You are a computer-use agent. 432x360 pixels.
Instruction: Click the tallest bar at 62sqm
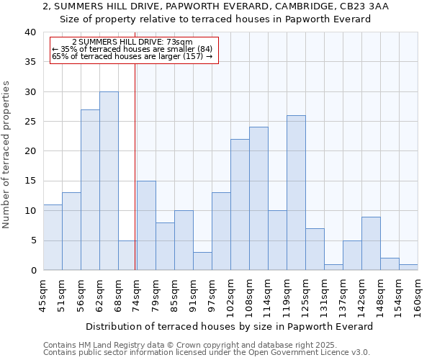(x=109, y=181)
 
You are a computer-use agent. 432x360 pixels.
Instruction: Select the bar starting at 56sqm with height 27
(x=90, y=189)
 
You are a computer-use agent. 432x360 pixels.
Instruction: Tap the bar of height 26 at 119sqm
(x=296, y=192)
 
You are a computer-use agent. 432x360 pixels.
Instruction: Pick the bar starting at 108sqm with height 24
(x=258, y=199)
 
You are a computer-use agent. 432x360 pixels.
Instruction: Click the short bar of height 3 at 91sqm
(x=202, y=261)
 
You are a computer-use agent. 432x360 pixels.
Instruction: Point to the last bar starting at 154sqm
(x=408, y=267)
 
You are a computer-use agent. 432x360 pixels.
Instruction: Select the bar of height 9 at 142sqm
(x=371, y=243)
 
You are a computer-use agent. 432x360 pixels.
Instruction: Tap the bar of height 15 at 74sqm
(x=146, y=225)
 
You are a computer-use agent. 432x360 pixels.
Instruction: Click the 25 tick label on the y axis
(x=30, y=122)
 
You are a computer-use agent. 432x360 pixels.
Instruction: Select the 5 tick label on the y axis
(x=33, y=240)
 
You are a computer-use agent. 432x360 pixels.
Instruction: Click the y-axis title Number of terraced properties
(x=7, y=154)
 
